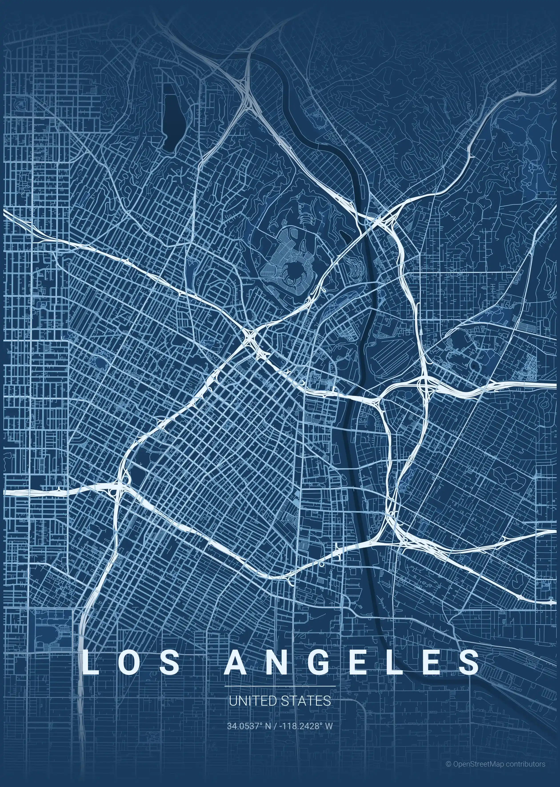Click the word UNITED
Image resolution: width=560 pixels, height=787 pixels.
pyautogui.click(x=247, y=701)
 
